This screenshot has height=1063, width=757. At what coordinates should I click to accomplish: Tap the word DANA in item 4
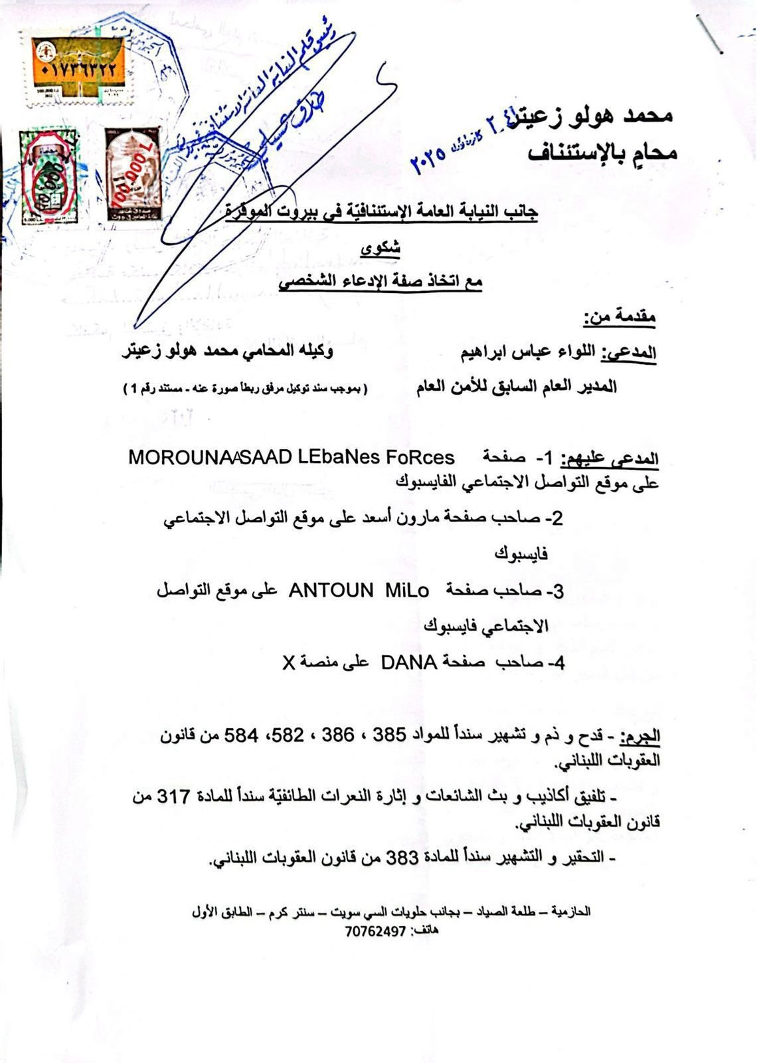coord(408,662)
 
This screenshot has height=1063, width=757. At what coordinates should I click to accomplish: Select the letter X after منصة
coord(288,662)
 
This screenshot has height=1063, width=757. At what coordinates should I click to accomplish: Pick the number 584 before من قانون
coord(243,735)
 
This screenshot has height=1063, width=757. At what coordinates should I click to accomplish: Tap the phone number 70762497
coord(375,931)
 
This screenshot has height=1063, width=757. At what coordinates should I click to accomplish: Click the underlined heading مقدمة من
coord(620,317)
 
